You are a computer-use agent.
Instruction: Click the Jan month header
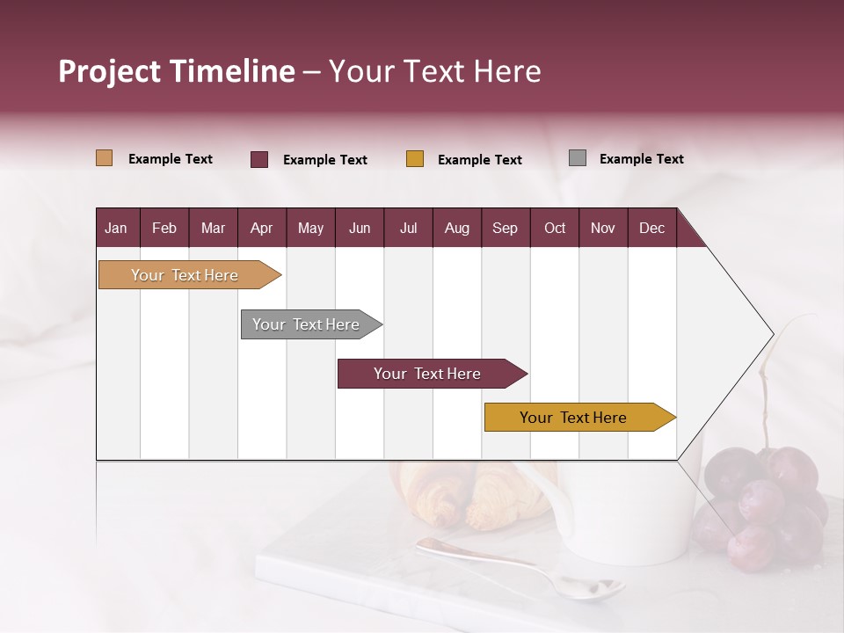(116, 228)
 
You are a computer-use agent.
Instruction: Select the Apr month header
(261, 228)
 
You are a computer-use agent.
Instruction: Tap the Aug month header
(456, 228)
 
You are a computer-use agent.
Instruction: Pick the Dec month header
(651, 228)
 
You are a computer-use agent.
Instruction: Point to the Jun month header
(359, 228)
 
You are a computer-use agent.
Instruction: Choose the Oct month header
(554, 228)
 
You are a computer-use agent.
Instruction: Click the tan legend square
(104, 158)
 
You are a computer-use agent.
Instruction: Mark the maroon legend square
(258, 159)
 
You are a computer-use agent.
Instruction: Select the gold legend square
(414, 159)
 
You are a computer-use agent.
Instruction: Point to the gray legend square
(577, 158)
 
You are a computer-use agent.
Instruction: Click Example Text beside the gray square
(641, 159)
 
